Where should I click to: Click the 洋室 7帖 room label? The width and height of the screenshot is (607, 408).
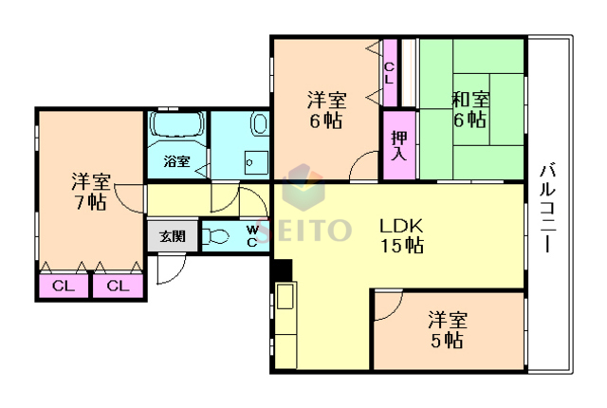click(91, 191)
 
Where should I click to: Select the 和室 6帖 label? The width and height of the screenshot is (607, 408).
click(469, 109)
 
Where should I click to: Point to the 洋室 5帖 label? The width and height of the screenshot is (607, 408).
click(445, 329)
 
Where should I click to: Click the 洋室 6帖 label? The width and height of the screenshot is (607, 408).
click(325, 110)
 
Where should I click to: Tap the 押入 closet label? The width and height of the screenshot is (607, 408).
click(398, 145)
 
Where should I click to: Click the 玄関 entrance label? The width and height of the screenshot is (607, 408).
click(172, 236)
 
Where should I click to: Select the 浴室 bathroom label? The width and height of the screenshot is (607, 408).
click(176, 161)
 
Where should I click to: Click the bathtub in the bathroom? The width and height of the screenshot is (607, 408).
click(176, 126)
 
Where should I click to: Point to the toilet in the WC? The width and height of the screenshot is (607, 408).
click(217, 237)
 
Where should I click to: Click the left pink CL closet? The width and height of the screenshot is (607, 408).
click(64, 285)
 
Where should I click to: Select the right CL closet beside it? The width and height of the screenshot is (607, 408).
click(118, 285)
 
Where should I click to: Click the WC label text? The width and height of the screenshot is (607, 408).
click(252, 235)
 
